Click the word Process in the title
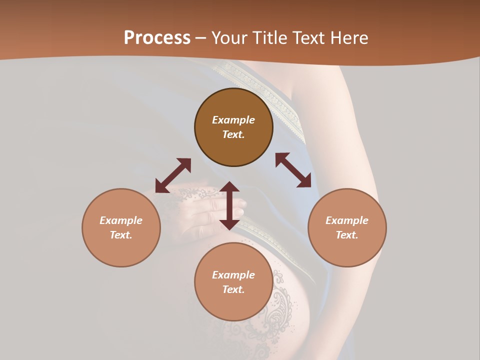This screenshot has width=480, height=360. (x=157, y=38)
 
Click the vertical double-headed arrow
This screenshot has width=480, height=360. (x=229, y=205)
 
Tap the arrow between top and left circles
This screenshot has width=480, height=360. (x=173, y=175)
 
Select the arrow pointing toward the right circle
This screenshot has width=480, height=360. (x=293, y=170)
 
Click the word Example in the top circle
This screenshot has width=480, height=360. (x=233, y=120)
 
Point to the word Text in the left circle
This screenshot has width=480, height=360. (x=121, y=235)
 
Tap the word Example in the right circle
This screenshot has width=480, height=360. (x=347, y=220)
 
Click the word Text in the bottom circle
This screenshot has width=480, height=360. (x=233, y=289)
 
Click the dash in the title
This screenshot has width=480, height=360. (x=201, y=38)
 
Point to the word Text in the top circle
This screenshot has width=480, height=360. (x=233, y=134)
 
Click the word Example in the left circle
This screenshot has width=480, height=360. (x=121, y=220)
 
